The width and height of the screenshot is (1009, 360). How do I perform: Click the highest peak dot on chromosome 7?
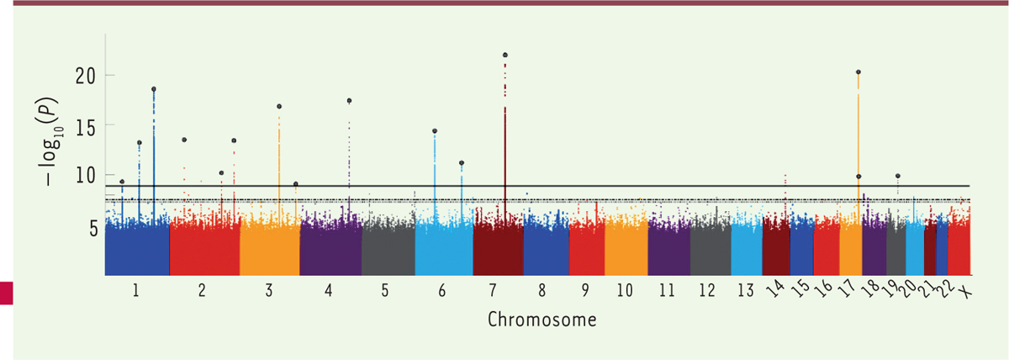tap(504, 55)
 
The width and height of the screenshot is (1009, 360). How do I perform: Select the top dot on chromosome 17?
tap(858, 72)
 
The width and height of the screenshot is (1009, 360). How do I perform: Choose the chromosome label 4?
tap(329, 291)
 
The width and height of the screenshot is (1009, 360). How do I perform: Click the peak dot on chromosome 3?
tap(279, 107)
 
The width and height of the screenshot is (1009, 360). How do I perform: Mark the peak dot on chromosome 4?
tap(349, 101)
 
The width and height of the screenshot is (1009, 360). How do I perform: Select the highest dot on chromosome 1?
tap(154, 89)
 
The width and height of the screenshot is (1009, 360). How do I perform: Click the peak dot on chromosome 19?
tap(898, 176)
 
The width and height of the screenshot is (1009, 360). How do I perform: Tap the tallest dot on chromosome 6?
tap(435, 131)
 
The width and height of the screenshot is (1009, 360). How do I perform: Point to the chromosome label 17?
tap(848, 290)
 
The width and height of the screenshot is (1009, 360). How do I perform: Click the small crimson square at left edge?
tap(7, 292)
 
